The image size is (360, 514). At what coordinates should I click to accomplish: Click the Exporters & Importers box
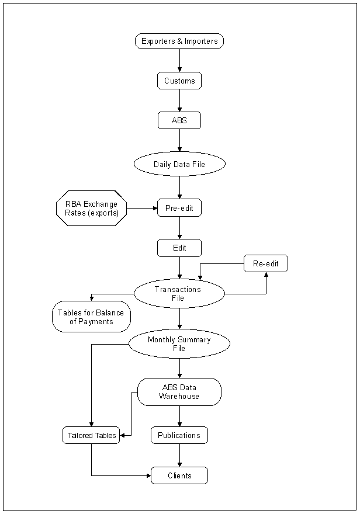coord(179,41)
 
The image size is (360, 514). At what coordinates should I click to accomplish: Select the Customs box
coord(179,81)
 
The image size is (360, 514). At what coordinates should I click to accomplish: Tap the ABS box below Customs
coord(179,120)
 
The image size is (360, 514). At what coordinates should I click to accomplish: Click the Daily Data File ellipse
coord(179,164)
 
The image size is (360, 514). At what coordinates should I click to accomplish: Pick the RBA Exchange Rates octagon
coord(91,208)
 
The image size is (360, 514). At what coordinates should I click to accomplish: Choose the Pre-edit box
coord(179,208)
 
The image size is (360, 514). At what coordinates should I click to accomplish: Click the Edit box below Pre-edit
coord(179,248)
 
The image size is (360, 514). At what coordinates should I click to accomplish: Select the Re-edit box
coord(266,263)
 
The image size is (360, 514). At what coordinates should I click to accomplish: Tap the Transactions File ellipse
coord(179,293)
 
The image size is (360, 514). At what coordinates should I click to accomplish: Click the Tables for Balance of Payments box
coord(91,317)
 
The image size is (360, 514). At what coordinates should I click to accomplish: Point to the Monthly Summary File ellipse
coord(179,344)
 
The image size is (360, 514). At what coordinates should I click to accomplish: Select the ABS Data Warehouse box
coord(179,391)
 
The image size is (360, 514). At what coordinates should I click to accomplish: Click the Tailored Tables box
coord(91,435)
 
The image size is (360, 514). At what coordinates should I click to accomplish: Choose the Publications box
coord(179,435)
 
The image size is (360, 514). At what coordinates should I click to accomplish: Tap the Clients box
coord(179,475)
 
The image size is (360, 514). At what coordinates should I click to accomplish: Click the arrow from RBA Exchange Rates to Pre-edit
coord(142,208)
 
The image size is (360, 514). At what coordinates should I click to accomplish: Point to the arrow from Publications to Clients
coord(179,455)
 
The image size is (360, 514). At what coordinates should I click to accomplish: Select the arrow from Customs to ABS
coord(179,100)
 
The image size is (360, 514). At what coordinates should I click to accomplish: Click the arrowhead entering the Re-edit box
coord(266,275)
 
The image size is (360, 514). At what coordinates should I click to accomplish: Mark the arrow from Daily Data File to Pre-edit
coord(179,187)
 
